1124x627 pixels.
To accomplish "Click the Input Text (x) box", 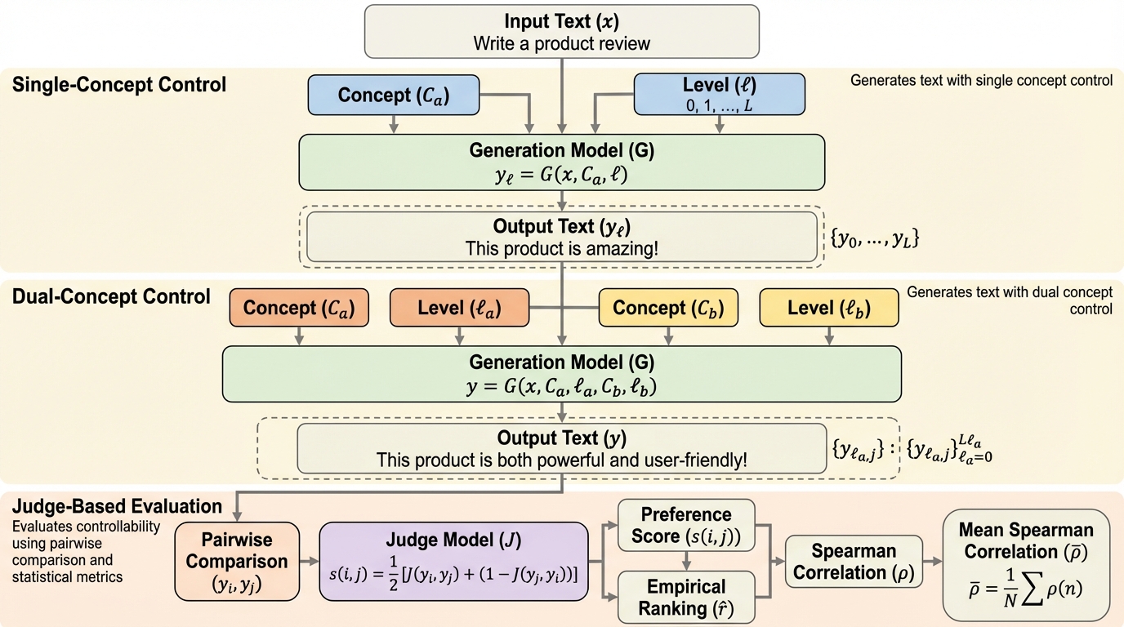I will pos(562,31).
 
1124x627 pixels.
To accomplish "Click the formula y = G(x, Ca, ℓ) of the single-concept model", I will pos(562,173).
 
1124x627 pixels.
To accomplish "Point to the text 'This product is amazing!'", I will pos(562,247).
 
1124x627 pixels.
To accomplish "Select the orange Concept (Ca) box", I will pos(299,309).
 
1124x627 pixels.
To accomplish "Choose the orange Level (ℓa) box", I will pos(459,309).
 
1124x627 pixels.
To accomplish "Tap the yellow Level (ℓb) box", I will pos(829,309).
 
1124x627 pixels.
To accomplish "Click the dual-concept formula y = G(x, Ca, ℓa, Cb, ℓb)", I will pos(562,387).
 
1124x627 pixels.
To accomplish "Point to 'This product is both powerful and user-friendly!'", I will pos(562,460).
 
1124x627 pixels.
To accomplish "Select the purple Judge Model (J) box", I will pos(454,562).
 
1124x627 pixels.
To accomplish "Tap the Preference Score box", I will pos(686,526).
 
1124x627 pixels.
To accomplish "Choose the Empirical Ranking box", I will pos(686,597).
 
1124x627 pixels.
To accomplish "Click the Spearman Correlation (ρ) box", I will pos(853,562).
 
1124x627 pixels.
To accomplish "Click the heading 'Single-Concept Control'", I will pos(119,84).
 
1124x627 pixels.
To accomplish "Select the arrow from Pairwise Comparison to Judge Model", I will pos(308,562).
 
